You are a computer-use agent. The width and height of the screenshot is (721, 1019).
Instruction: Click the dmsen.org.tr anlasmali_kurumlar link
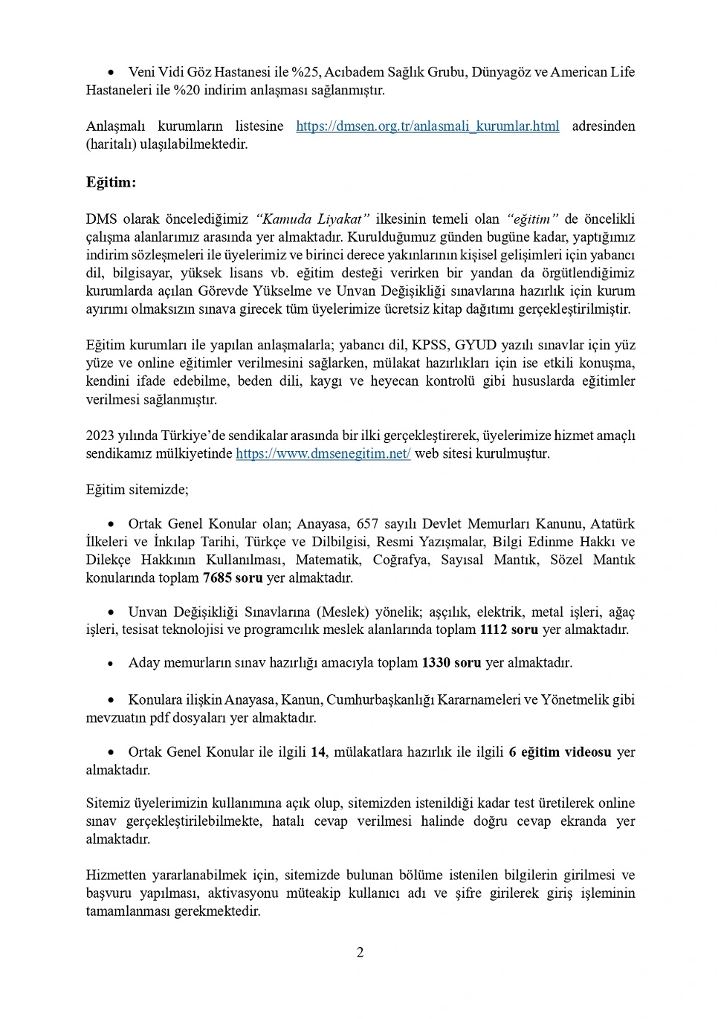click(427, 126)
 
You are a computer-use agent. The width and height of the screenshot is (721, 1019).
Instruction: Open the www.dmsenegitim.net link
click(323, 453)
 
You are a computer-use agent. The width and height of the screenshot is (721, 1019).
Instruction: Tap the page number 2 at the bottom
click(360, 953)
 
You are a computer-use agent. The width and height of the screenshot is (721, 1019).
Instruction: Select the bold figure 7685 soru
click(233, 578)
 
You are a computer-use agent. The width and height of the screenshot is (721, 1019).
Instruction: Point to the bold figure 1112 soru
click(509, 630)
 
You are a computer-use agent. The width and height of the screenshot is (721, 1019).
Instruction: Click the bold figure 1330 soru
click(451, 663)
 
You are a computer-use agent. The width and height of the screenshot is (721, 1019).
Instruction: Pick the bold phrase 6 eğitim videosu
click(560, 752)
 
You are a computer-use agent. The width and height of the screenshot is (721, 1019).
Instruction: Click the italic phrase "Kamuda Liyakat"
click(313, 219)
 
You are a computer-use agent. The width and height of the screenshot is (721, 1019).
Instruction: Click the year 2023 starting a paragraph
click(100, 436)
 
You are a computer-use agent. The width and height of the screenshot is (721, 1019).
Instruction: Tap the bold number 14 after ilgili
click(318, 752)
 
